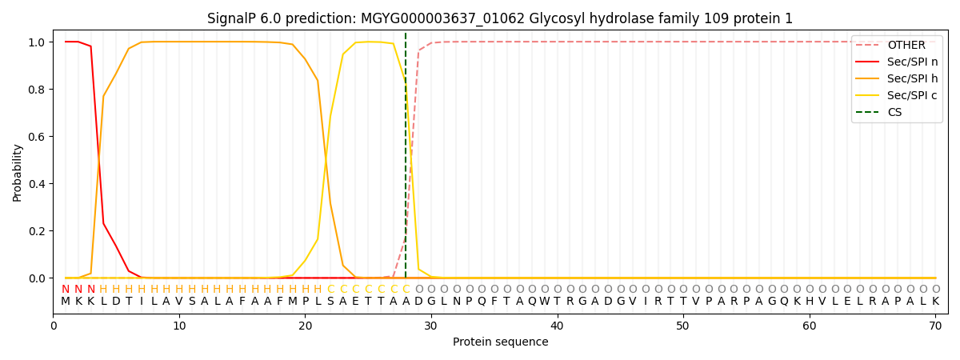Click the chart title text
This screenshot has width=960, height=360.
coord(500,18)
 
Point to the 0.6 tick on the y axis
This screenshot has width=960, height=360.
coord(38,137)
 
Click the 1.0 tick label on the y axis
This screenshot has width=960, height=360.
coord(38,42)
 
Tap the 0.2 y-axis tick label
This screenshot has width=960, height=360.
coord(38,231)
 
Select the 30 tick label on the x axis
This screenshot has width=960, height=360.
coord(431,326)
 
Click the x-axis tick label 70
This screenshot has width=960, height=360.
coord(935,326)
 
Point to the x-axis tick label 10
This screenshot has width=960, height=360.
coord(179,326)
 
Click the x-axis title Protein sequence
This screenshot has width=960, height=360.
coord(500,342)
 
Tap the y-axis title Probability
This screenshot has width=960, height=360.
coord(18,172)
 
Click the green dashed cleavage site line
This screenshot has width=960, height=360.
coord(406,160)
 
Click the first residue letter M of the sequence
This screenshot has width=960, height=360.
coord(66,302)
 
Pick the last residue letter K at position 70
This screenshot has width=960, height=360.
coord(935,302)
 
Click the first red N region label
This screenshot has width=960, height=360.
coord(66,290)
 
